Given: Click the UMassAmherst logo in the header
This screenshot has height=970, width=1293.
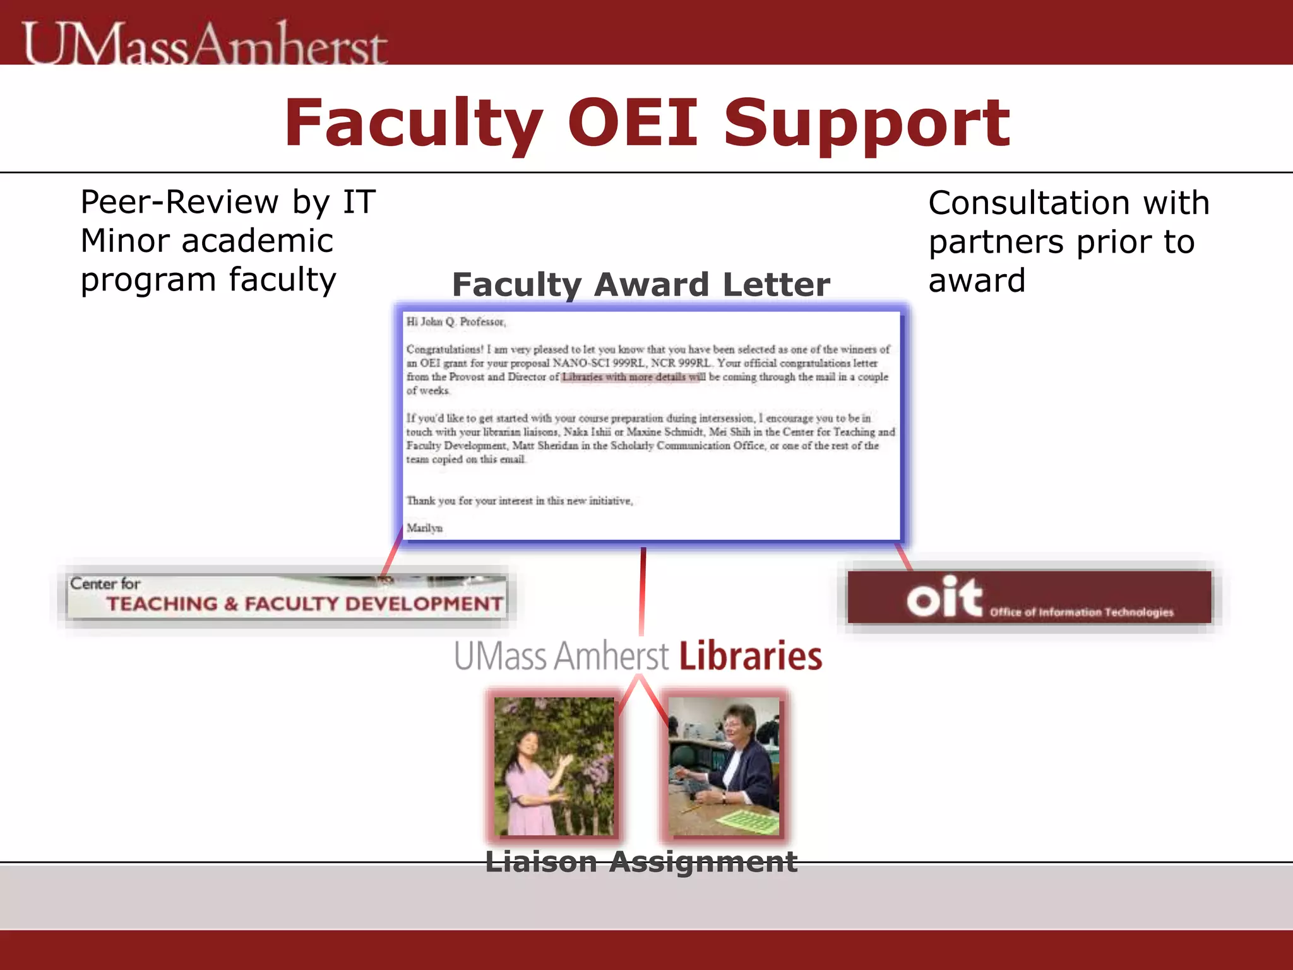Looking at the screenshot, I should pos(205,43).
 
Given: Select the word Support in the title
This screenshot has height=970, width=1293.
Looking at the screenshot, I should pos(866,124).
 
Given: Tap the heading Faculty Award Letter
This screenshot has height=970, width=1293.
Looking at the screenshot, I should pos(641,285).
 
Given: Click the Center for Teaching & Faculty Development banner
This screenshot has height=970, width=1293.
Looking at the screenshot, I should pos(287,596).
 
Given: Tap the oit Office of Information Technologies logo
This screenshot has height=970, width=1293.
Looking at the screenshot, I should pos(1029,597).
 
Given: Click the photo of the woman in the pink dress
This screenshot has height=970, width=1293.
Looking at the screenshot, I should pos(554,766).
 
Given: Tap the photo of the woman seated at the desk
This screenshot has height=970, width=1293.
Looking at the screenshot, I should pos(724,766).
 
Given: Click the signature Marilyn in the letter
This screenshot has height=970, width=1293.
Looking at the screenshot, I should pos(424,528).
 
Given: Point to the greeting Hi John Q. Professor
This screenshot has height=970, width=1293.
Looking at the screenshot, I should pos(456,322).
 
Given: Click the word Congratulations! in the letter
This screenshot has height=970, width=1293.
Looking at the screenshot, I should pos(444,349).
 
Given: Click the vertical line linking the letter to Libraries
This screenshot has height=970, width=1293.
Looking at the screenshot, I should pos(642,590).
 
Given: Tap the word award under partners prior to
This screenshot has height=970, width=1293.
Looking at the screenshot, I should pos(976,281).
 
